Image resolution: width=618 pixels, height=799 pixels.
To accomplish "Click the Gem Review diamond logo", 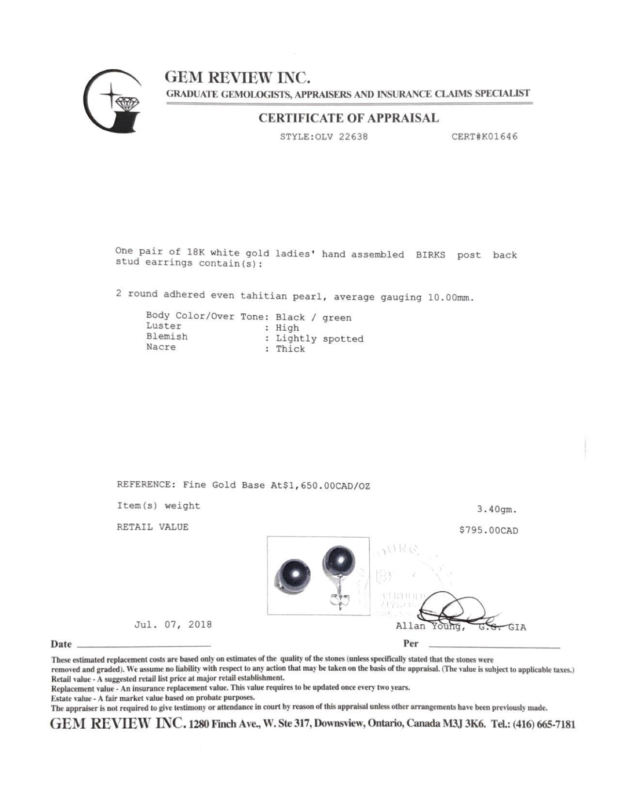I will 113,101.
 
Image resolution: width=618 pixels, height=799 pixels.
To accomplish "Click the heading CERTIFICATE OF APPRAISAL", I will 349,118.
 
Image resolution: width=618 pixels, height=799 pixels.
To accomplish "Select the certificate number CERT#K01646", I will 484,137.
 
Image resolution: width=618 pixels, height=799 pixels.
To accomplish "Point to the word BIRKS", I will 430,255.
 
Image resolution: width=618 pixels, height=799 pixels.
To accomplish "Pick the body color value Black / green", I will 313,318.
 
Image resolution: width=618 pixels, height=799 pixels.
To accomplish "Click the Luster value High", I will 287,328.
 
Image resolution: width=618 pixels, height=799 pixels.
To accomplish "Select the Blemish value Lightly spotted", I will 319,338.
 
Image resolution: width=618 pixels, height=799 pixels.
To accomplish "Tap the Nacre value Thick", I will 290,349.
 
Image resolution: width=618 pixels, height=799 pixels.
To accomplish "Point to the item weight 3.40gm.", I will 497,509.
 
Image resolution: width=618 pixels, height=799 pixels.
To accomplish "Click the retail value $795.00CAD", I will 489,531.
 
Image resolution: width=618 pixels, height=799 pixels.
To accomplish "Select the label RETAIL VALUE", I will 152,527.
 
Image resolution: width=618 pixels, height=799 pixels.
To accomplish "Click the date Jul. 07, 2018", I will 173,624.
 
